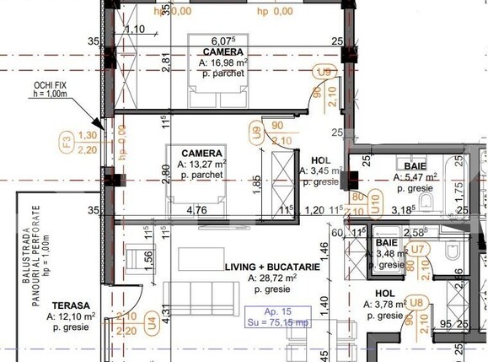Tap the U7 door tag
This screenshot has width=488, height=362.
coord(416,249)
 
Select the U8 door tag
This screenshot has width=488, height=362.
coord(416,302)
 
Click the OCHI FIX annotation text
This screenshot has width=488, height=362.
coord(51,87)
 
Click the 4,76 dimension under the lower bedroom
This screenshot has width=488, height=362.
coord(196,210)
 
